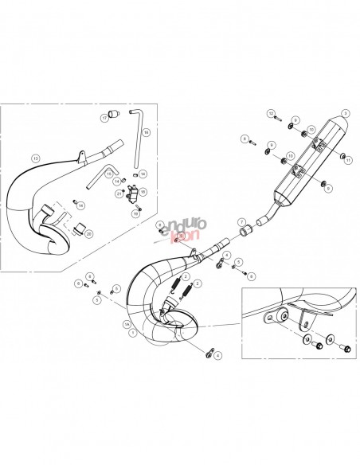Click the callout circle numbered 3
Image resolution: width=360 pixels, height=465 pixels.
click(346, 113)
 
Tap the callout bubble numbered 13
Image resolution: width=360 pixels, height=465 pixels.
click(35, 158)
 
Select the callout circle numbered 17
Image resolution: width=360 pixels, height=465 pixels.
click(104, 118)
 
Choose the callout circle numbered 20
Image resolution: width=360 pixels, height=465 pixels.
click(88, 233)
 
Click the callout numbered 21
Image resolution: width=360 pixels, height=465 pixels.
click(119, 193)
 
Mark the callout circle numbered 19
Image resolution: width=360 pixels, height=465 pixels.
click(136, 214)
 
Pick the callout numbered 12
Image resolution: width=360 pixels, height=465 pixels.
click(272, 114)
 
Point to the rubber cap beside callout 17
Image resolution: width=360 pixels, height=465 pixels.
click(114, 111)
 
